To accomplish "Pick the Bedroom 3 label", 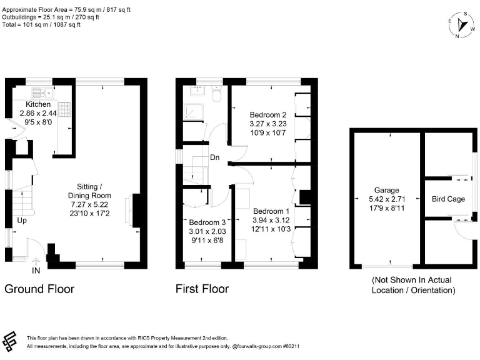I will [207, 222].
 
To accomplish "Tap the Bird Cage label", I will [448, 199].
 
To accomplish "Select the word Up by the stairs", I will [22, 221].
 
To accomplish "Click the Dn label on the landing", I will [214, 157].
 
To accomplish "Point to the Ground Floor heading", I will [39, 289].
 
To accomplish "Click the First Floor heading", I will [202, 289].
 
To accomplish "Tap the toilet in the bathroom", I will [217, 94].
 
